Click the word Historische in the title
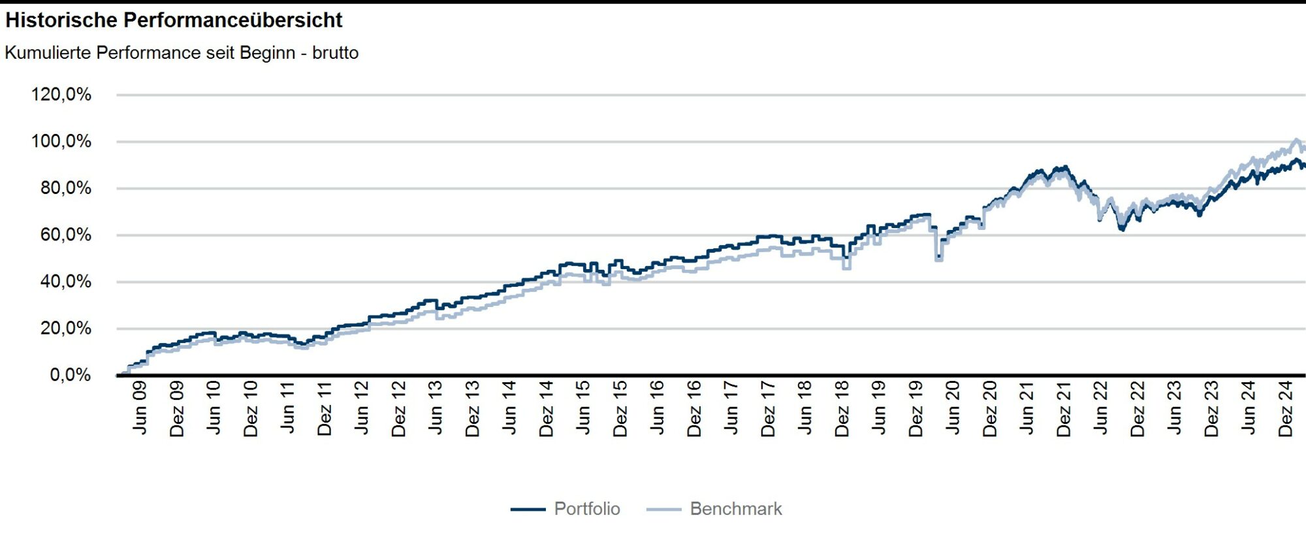point(61,20)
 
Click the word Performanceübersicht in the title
point(232,20)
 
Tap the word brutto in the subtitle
point(335,53)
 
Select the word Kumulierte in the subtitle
point(48,53)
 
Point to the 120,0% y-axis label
point(61,95)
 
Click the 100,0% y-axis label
point(61,142)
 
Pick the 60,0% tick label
point(65,235)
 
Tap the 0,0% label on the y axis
point(70,375)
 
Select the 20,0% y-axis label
point(65,329)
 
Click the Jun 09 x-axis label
point(140,408)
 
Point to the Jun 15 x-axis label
point(583,408)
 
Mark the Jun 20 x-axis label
point(953,408)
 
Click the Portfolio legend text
point(587,509)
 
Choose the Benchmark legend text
point(736,509)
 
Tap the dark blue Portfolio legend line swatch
point(528,510)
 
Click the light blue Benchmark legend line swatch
point(663,510)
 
